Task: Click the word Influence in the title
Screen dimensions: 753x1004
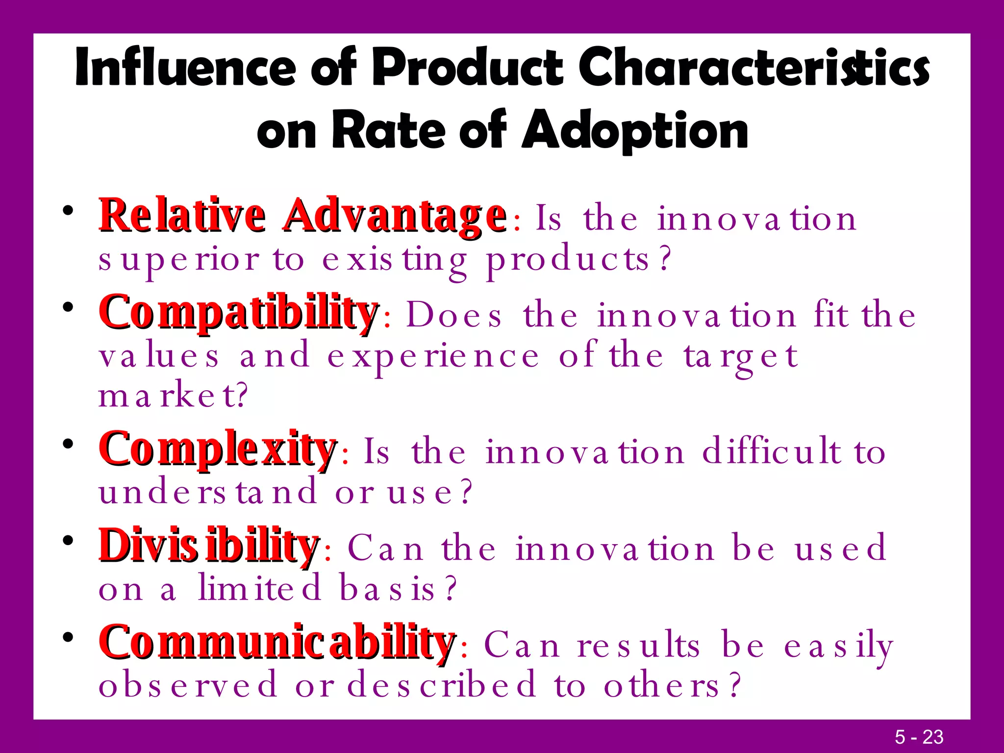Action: click(x=185, y=68)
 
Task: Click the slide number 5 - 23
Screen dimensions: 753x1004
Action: click(x=919, y=737)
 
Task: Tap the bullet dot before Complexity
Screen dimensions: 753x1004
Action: click(x=68, y=444)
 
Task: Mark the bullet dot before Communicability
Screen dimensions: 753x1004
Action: click(x=68, y=637)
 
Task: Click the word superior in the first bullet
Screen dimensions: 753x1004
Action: click(x=179, y=260)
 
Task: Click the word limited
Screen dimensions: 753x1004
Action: click(x=260, y=588)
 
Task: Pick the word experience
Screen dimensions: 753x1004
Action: click(x=433, y=357)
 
